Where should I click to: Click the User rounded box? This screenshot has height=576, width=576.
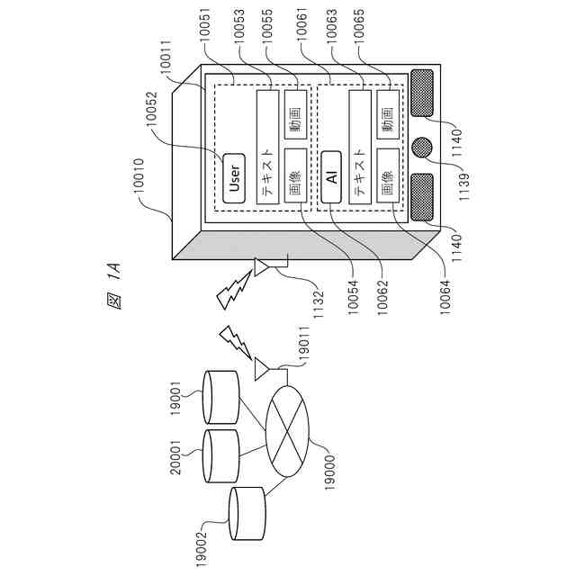click(x=235, y=175)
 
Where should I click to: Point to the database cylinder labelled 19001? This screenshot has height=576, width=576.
click(x=221, y=397)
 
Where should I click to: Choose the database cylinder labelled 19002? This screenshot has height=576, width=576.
click(x=249, y=514)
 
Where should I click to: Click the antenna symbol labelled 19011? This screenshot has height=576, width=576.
click(x=263, y=368)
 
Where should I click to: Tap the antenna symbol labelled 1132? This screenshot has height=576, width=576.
click(x=263, y=266)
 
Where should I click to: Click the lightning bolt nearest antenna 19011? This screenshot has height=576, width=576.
click(x=233, y=339)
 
